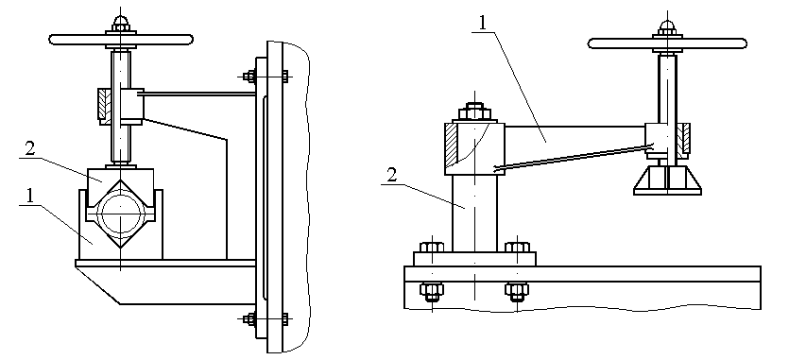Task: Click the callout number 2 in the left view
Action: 30,149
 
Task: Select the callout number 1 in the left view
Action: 29,196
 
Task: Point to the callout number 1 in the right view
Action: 482,24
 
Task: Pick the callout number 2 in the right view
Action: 392,176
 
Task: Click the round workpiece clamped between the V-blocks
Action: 121,215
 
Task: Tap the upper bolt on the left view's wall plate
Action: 266,77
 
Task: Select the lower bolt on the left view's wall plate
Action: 266,318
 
